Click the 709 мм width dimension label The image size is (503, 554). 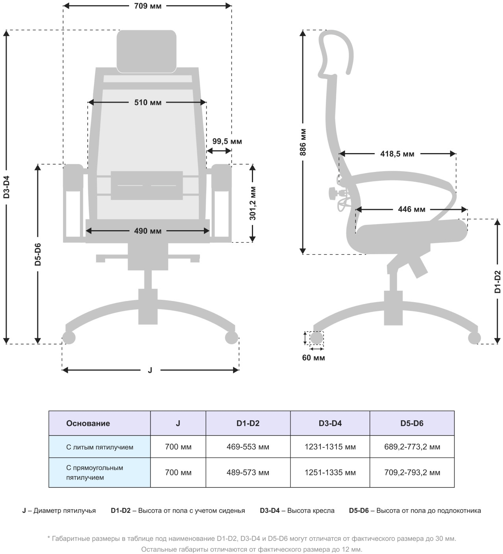click(x=148, y=6)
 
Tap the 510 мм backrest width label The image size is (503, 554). click(x=148, y=103)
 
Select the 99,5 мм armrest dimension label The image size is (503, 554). click(x=227, y=141)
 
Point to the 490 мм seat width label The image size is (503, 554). click(x=148, y=231)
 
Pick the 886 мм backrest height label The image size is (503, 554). click(x=303, y=142)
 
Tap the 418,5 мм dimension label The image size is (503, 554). click(x=397, y=154)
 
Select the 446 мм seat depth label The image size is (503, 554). click(x=411, y=209)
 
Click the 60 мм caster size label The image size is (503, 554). click(x=313, y=358)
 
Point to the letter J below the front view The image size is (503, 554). click(x=150, y=370)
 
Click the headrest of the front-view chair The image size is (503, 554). click(x=146, y=51)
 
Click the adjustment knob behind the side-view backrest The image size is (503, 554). click(x=333, y=193)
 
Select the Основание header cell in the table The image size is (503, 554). click(x=88, y=423)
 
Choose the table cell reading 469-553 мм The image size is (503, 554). click(x=248, y=447)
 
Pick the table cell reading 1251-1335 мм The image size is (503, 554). click(x=330, y=473)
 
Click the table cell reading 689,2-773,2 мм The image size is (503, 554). click(x=412, y=447)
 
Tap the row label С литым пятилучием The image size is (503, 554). click(x=100, y=447)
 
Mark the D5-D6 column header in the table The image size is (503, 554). click(x=412, y=423)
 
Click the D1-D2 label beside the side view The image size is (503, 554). click(x=497, y=282)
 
